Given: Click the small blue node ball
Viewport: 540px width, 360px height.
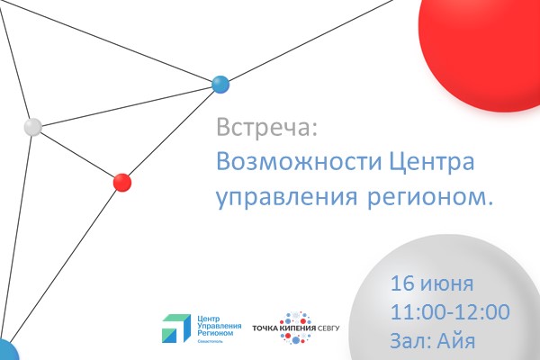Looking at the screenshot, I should tap(220, 85).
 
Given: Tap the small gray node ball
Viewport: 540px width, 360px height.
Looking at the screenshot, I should tap(33, 127).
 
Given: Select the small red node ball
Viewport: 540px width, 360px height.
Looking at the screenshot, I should tap(122, 183).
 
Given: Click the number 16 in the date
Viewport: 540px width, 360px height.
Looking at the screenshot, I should tap(402, 283).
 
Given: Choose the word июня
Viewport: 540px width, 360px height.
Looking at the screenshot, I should tap(445, 283).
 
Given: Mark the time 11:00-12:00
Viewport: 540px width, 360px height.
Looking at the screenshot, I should tap(450, 312).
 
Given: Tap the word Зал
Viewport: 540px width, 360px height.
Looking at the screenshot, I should tap(411, 341).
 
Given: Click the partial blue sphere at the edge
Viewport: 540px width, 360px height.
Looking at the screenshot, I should tap(7, 351).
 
